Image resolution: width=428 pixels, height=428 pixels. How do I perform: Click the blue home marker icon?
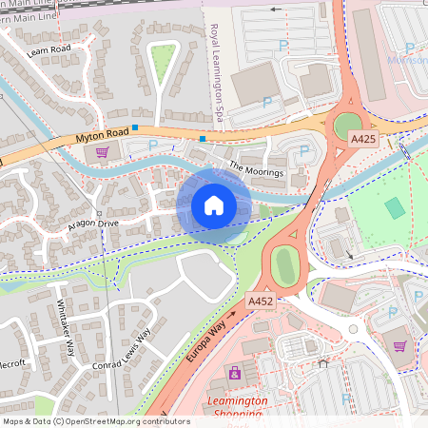pyautogui.click(x=214, y=205)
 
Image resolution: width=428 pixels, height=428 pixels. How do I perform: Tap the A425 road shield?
pyautogui.click(x=362, y=139)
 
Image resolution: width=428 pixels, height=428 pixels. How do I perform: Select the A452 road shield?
pyautogui.click(x=261, y=302)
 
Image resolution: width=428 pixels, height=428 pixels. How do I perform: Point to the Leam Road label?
pyautogui.click(x=49, y=49)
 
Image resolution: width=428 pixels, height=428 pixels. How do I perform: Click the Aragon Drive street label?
pyautogui.click(x=93, y=223)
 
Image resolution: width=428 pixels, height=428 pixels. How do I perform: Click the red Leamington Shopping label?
pyautogui.click(x=234, y=402)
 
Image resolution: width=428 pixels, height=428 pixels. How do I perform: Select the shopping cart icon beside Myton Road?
pyautogui.click(x=102, y=151)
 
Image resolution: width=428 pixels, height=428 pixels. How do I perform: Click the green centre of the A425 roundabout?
pyautogui.click(x=348, y=124)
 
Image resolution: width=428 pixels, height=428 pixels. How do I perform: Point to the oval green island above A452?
pyautogui.click(x=283, y=263)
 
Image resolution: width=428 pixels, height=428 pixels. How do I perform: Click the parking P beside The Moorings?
pyautogui.click(x=304, y=150)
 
